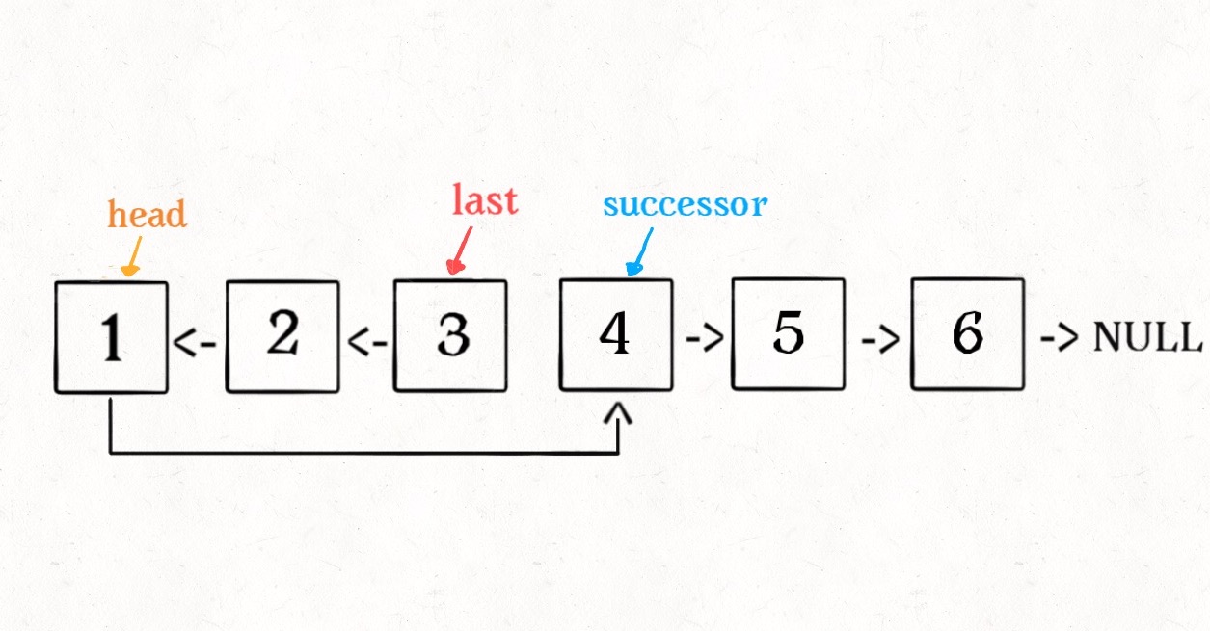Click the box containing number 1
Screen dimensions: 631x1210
pyautogui.click(x=111, y=337)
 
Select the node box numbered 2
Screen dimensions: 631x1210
pyautogui.click(x=282, y=337)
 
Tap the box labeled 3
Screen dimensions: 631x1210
pyautogui.click(x=450, y=335)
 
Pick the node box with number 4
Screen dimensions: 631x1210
pyautogui.click(x=616, y=334)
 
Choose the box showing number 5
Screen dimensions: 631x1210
pyautogui.click(x=788, y=333)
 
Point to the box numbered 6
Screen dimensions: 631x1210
pyautogui.click(x=967, y=333)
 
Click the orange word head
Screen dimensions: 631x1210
pyautogui.click(x=148, y=214)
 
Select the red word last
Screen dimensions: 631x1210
pyautogui.click(x=485, y=199)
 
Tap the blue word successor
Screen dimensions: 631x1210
pyautogui.click(x=685, y=204)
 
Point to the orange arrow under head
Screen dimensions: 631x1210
pyautogui.click(x=134, y=254)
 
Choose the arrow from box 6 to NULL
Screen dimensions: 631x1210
pyautogui.click(x=1060, y=339)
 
